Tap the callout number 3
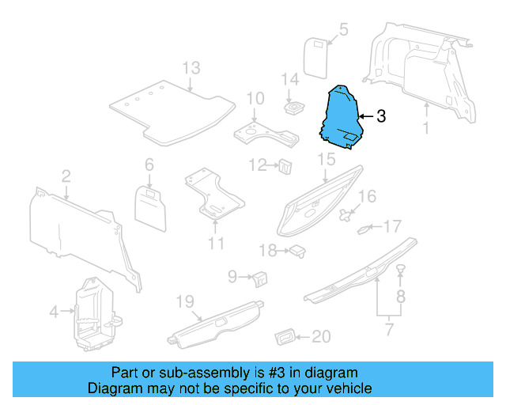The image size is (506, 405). (x=380, y=117)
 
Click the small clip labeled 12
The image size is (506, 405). (x=285, y=165)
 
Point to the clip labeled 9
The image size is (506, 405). (x=260, y=277)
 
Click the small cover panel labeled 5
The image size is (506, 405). (x=317, y=55)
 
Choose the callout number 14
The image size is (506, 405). (x=291, y=79)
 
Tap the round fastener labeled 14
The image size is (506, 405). (x=296, y=108)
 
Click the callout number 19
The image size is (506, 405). (x=184, y=301)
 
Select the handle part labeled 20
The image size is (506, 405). (x=285, y=338)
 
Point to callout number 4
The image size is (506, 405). (x=54, y=312)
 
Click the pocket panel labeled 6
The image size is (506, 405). (x=150, y=203)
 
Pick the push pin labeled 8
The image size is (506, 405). (x=401, y=271)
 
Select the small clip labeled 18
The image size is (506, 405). (x=298, y=251)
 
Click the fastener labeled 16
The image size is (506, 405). (x=346, y=214)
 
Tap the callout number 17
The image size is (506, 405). (x=393, y=227)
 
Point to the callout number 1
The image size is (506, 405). (x=425, y=127)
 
